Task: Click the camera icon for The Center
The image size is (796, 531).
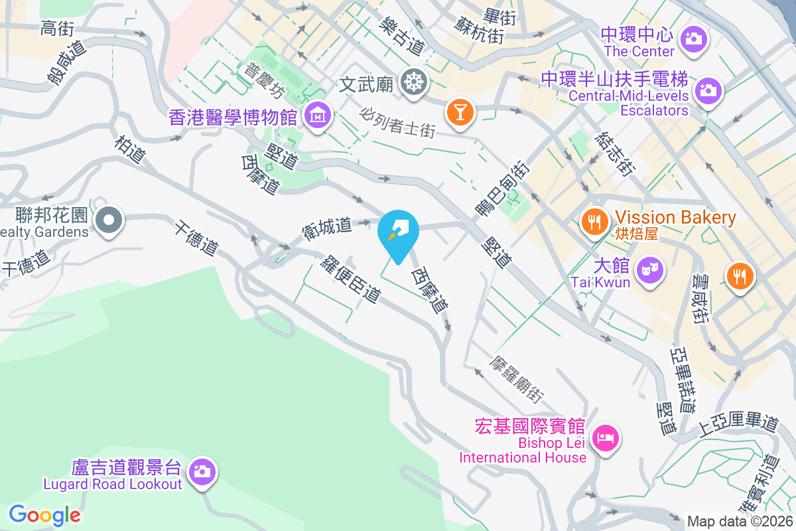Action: pos(695,37)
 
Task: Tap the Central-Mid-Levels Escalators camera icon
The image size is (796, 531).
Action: pos(708,88)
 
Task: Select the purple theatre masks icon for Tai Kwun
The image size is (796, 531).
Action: pos(648,269)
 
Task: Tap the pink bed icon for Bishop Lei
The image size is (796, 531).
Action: pos(606,438)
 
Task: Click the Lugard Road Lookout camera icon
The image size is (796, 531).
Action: pos(201,473)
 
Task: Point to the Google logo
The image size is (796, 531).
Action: pos(44,514)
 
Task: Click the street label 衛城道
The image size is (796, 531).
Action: pos(326,228)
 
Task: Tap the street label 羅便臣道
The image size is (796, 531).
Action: pos(350,279)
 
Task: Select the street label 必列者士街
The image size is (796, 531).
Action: pos(397,123)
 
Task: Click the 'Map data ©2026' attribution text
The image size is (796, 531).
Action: pos(740,522)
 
